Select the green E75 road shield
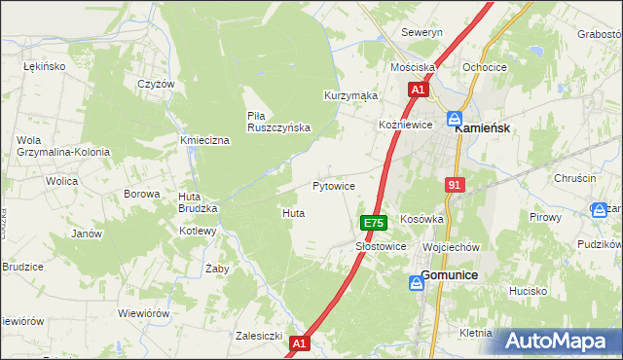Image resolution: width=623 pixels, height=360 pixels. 374,223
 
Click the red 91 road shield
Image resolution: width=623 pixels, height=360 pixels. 456,185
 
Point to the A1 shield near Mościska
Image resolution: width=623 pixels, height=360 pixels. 418,90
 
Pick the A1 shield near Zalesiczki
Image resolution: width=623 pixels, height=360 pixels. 299,342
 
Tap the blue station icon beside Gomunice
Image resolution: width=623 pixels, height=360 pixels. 416,282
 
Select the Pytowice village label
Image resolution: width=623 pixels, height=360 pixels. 333,185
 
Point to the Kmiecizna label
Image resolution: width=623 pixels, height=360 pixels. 204,141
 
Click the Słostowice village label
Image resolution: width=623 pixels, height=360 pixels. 381,247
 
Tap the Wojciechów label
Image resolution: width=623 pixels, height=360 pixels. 452,247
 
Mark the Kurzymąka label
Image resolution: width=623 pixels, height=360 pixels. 350,95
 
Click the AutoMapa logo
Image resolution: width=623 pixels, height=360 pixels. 558,341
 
